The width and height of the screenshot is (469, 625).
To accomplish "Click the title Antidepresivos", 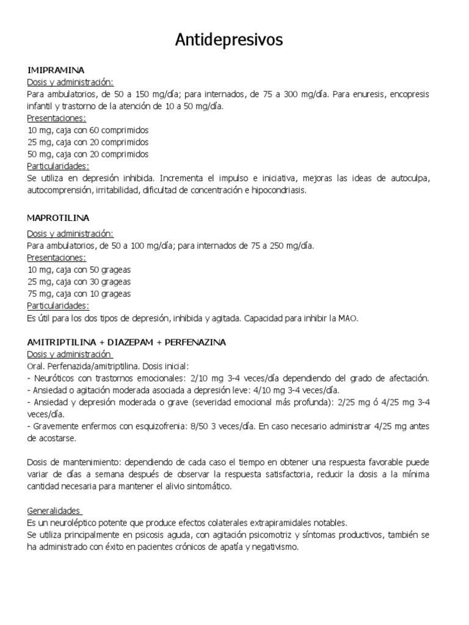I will tap(229, 40).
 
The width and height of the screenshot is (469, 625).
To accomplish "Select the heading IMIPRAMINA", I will tap(56, 70).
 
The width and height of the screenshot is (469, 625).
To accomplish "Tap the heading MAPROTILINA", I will tap(59, 217).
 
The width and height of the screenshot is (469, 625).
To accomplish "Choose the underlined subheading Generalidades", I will tap(54, 510).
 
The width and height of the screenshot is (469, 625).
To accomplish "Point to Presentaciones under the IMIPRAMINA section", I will tap(56, 118).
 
